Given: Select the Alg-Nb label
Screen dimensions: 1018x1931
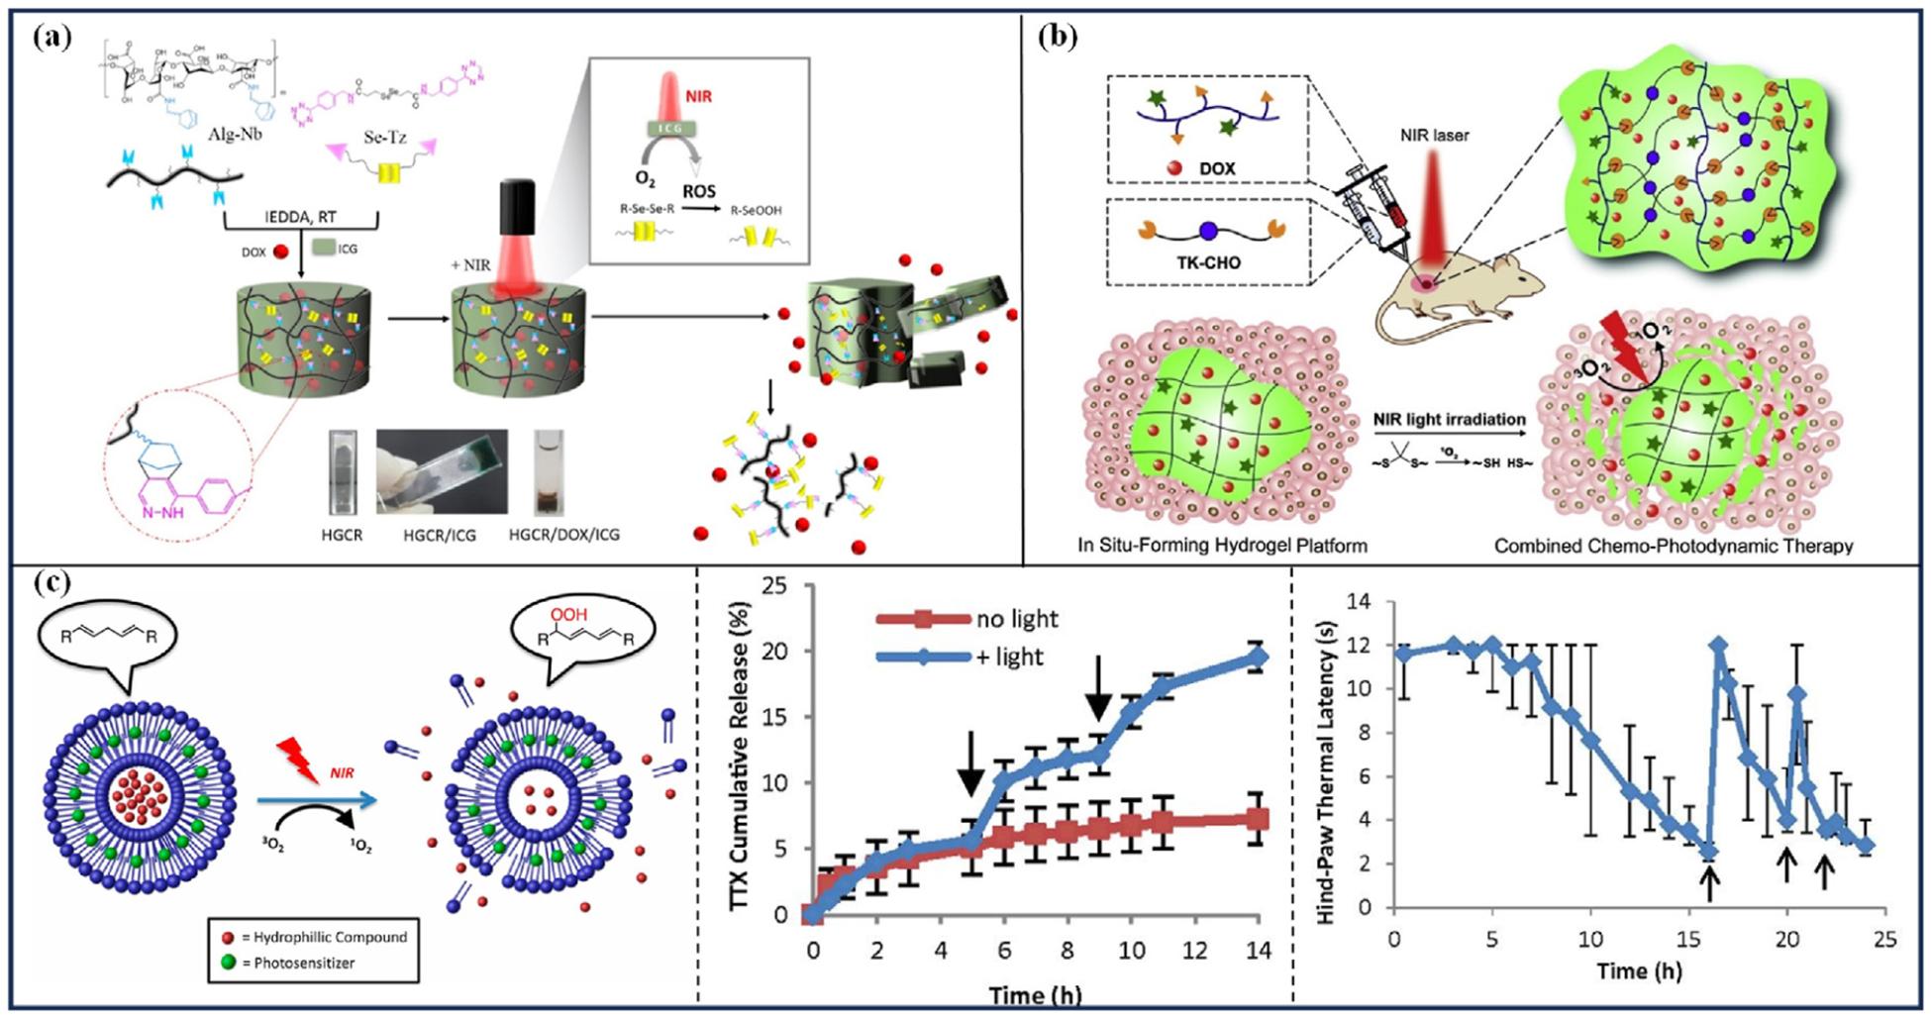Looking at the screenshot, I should [236, 134].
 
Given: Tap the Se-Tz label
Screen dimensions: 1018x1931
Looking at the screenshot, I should [385, 137].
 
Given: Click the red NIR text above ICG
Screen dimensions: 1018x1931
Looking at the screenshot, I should [698, 97].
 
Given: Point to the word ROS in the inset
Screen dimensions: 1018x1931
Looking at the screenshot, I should [699, 190].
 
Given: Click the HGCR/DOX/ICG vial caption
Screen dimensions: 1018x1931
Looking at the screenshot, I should [564, 535].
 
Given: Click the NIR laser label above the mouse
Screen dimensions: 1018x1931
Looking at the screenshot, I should [1435, 135].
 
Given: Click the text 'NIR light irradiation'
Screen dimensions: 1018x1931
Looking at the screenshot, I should [1449, 419].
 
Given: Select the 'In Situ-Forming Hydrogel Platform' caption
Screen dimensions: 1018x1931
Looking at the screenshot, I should [1223, 546].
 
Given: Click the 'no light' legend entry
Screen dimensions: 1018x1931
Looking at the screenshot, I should [1017, 619].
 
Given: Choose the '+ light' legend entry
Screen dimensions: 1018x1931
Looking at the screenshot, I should [1010, 657].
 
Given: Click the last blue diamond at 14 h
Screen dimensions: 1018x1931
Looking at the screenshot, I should [1259, 657].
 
